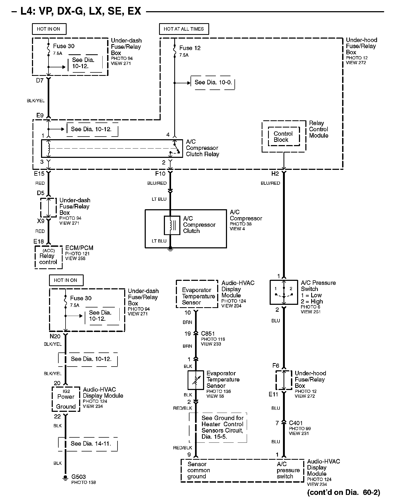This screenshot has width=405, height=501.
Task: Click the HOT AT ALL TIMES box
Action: [184, 29]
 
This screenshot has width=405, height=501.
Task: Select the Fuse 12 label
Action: [190, 48]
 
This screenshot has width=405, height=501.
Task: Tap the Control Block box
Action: [283, 137]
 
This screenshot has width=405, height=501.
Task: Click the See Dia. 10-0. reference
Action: [213, 82]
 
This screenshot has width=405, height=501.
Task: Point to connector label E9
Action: [40, 115]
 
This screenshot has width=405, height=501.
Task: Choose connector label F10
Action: [160, 174]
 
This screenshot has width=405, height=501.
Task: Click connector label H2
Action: [275, 174]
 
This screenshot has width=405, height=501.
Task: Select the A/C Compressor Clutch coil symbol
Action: [172, 225]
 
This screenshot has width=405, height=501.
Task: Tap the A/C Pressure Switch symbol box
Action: [284, 292]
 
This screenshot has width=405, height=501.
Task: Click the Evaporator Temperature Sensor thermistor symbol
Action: [196, 380]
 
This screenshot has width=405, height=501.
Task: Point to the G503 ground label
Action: [79, 477]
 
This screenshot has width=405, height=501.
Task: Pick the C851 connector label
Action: [208, 334]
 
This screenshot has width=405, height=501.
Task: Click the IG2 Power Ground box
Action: [66, 399]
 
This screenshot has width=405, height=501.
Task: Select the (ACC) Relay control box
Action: [48, 257]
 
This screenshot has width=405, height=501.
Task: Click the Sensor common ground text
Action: [199, 470]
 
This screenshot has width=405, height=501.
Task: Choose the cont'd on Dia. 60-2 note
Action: [343, 492]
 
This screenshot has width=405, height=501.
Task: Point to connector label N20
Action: [55, 336]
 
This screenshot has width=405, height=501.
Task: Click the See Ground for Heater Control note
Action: [222, 427]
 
